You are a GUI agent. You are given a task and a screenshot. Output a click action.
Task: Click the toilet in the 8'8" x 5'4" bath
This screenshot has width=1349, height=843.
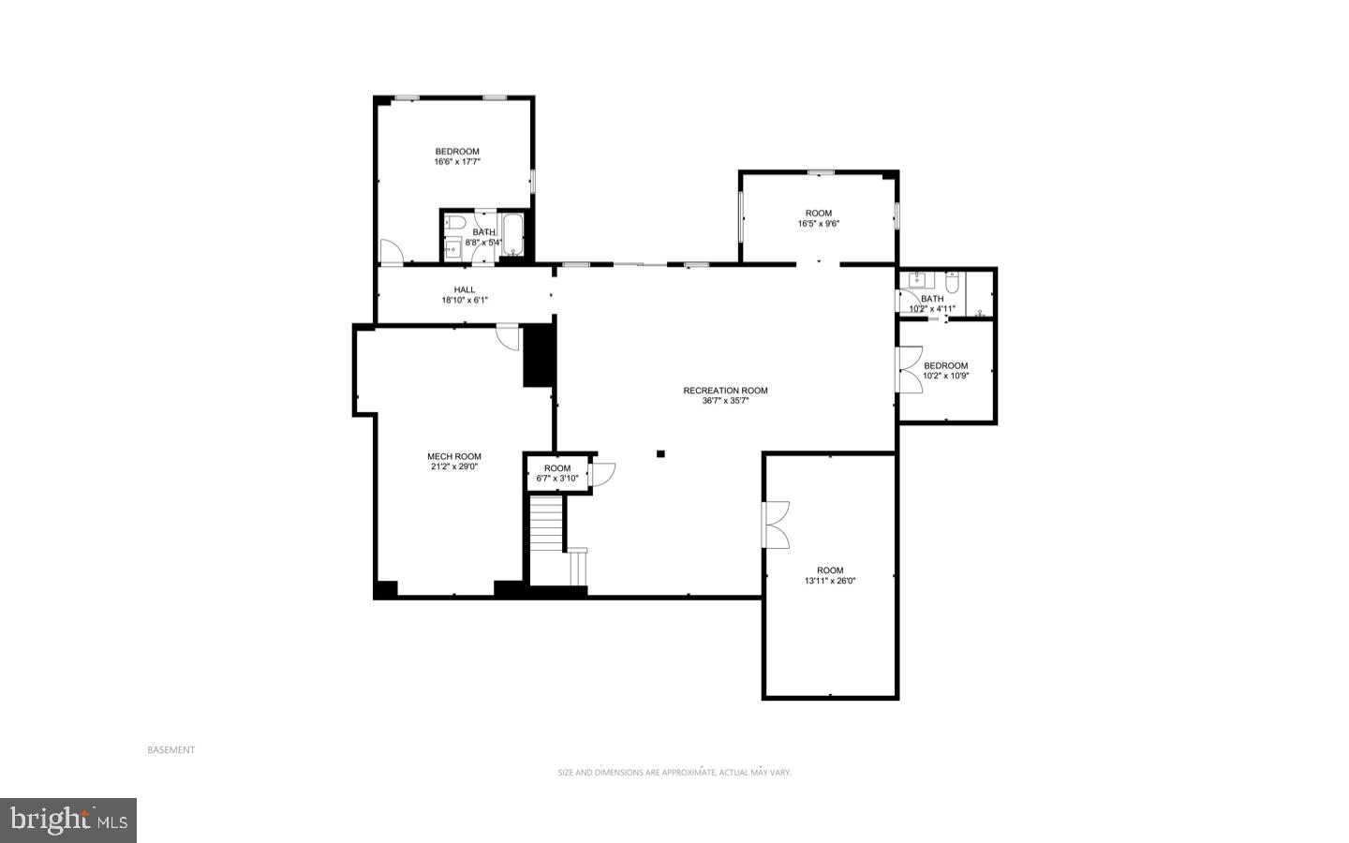(x=454, y=222)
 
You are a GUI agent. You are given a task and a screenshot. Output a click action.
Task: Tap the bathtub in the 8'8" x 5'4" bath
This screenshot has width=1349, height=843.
(x=513, y=231)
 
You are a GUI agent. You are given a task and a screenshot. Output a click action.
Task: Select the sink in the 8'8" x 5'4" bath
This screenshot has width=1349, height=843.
(x=453, y=247)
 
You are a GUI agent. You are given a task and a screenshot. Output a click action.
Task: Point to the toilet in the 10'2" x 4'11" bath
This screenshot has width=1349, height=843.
(x=953, y=281)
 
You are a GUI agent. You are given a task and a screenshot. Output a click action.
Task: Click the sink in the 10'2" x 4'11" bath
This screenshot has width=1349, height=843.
(x=917, y=280)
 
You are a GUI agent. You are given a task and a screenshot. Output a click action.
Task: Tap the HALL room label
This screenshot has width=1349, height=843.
(x=465, y=289)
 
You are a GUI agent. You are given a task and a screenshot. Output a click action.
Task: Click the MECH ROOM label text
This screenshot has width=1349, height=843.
(x=454, y=456)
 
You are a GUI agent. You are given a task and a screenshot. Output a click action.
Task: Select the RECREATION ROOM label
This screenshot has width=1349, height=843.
(x=725, y=391)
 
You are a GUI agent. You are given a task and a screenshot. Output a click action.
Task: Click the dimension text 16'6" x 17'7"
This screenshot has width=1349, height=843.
(x=457, y=162)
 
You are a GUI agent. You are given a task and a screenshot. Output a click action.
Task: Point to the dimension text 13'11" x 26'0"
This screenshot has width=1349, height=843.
(x=830, y=581)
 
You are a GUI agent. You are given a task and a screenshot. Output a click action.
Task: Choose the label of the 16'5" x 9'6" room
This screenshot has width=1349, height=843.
(x=819, y=214)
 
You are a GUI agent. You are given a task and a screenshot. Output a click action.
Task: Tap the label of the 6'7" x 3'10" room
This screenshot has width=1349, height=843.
(x=557, y=468)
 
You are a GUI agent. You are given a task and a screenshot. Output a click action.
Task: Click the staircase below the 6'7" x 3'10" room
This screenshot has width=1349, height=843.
(x=547, y=525)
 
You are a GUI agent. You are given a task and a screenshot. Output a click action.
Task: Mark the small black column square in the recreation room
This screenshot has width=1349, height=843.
(x=660, y=454)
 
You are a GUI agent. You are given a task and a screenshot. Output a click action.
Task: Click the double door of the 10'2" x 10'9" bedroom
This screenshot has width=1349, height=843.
(x=907, y=369)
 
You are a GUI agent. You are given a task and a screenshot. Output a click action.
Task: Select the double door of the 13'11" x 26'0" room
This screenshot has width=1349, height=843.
(x=777, y=525)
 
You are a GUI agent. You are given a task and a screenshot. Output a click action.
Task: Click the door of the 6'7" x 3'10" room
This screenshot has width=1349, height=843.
(x=601, y=474)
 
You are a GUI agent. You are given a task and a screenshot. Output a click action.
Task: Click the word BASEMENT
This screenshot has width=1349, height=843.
(x=171, y=750)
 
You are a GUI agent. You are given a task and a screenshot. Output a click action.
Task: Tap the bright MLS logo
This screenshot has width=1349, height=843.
(x=68, y=821)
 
